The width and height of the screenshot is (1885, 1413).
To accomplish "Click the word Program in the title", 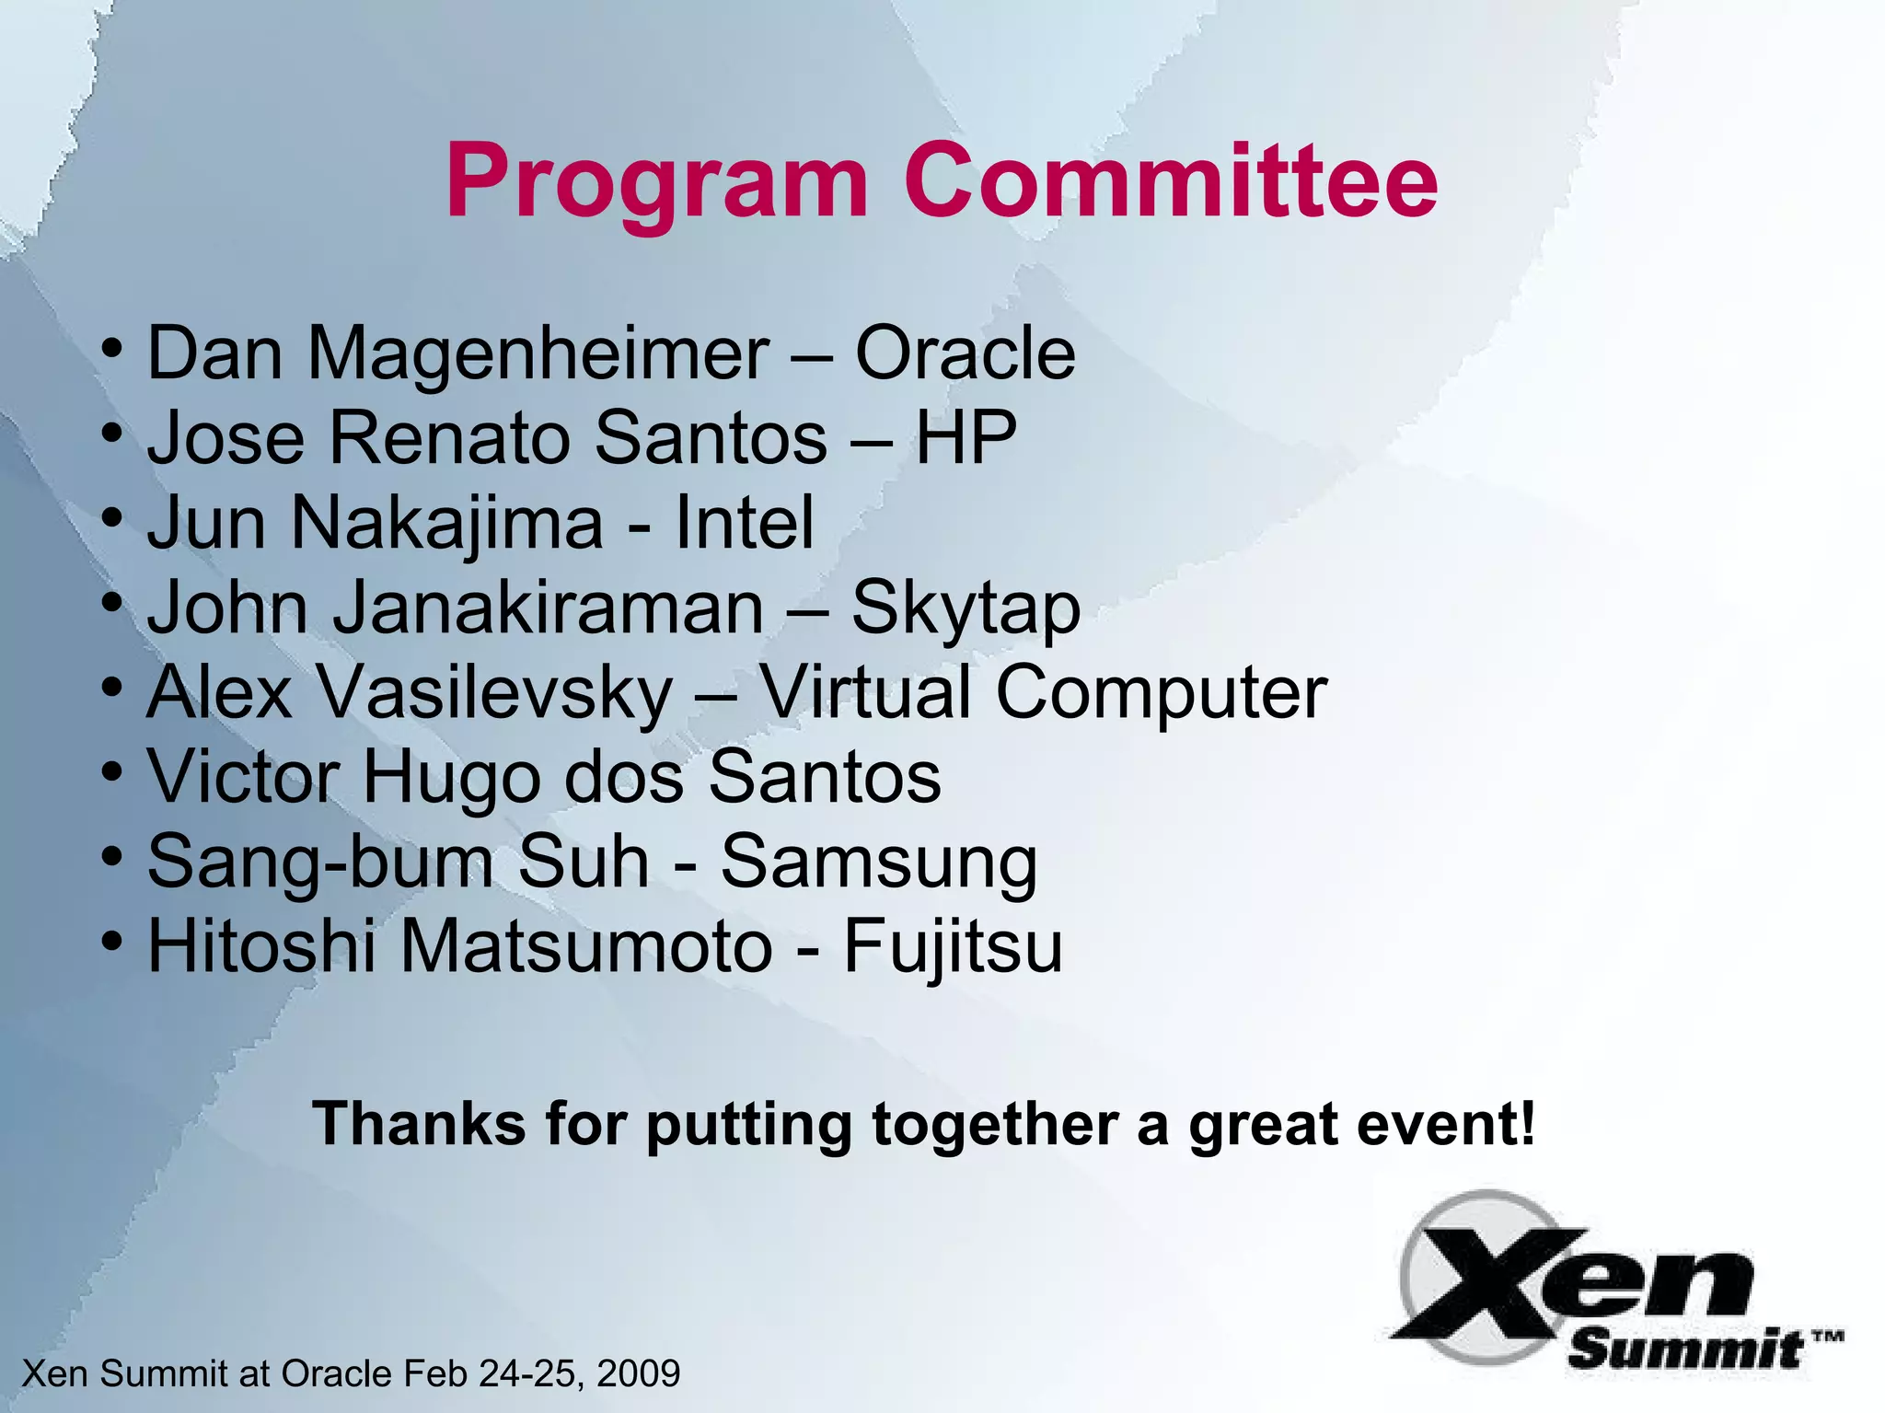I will click(x=656, y=182).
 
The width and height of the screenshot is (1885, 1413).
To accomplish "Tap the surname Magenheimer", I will click(x=538, y=355).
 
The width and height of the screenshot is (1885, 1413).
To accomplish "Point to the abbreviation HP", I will click(x=966, y=437).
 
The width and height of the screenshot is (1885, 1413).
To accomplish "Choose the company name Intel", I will click(x=745, y=522).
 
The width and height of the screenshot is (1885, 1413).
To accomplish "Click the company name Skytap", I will click(x=966, y=609).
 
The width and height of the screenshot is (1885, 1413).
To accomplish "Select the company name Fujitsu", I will click(x=953, y=948).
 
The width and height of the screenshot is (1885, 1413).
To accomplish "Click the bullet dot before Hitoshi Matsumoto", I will click(x=112, y=942).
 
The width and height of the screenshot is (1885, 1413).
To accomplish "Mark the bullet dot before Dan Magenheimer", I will click(x=112, y=349).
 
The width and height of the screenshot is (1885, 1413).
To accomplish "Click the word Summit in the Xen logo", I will click(x=1684, y=1350).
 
